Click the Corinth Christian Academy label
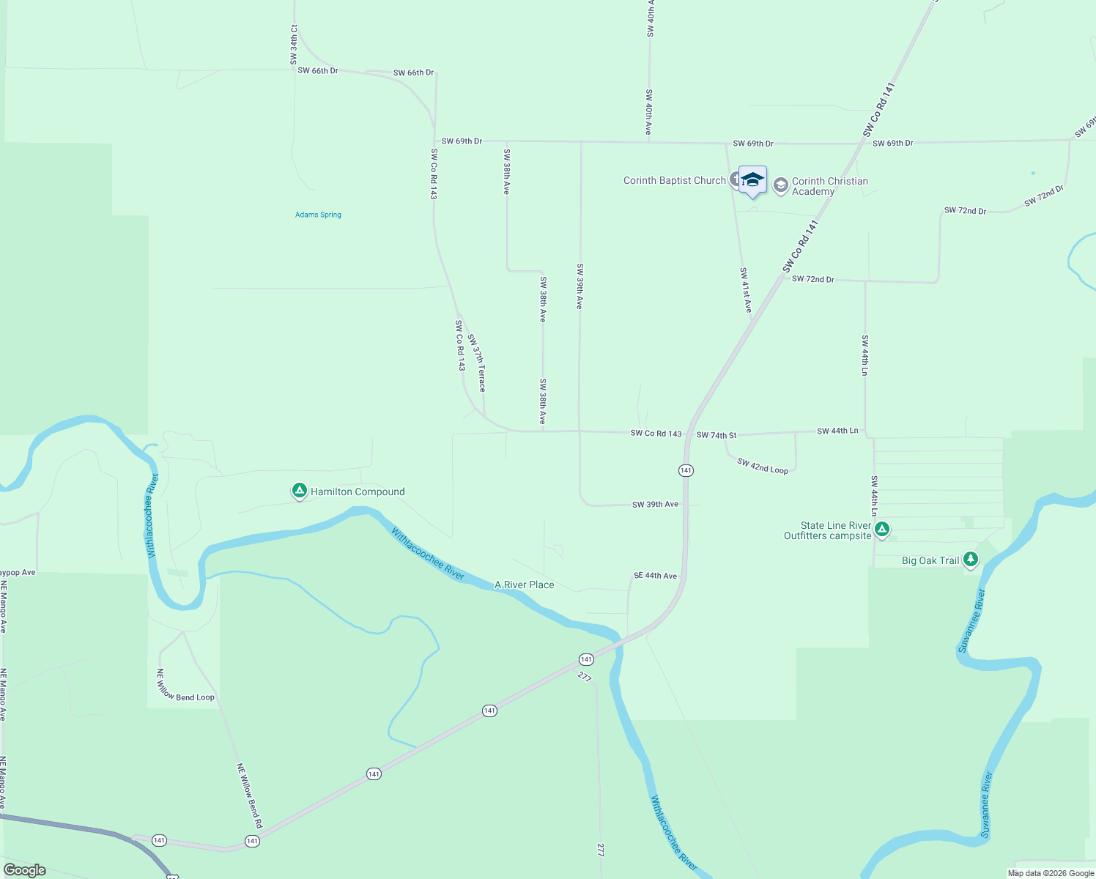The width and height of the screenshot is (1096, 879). (x=829, y=186)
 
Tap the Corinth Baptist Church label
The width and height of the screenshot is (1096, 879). (x=674, y=180)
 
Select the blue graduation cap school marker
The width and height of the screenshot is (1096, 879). (x=752, y=180)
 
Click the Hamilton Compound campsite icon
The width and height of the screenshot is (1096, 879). (x=299, y=491)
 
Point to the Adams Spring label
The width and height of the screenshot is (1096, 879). (x=318, y=215)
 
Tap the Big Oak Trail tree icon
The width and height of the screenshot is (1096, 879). (x=971, y=560)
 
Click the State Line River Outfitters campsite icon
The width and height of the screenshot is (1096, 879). (x=882, y=529)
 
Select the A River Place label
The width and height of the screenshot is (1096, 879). (x=524, y=585)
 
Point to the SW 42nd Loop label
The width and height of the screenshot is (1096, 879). (x=763, y=466)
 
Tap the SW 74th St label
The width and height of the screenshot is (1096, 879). (x=717, y=435)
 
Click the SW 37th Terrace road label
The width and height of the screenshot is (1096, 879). (x=477, y=363)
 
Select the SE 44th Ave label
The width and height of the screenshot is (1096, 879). (x=655, y=576)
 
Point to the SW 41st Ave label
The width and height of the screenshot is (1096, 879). (x=746, y=290)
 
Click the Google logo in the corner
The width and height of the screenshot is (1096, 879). (x=25, y=869)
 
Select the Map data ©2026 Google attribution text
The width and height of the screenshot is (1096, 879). (x=1051, y=873)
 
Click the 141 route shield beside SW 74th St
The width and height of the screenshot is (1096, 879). (x=686, y=470)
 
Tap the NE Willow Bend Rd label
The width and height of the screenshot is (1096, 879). (x=249, y=795)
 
